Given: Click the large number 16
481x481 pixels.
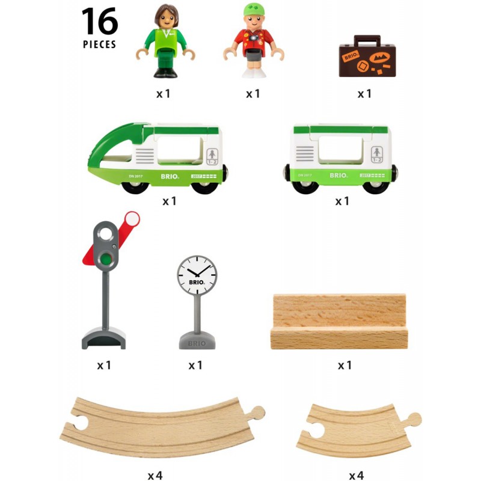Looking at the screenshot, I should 100,22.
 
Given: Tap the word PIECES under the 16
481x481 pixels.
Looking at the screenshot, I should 100,44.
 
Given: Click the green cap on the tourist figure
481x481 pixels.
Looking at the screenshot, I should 254,11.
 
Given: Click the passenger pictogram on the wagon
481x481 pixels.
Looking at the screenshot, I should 377,153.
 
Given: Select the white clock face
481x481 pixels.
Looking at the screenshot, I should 197,275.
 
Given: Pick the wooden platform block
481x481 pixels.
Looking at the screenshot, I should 339,322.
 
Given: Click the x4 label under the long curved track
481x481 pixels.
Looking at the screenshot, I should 155,476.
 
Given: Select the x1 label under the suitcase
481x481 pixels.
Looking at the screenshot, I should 365,94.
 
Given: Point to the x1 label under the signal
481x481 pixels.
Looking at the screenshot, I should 104,365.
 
